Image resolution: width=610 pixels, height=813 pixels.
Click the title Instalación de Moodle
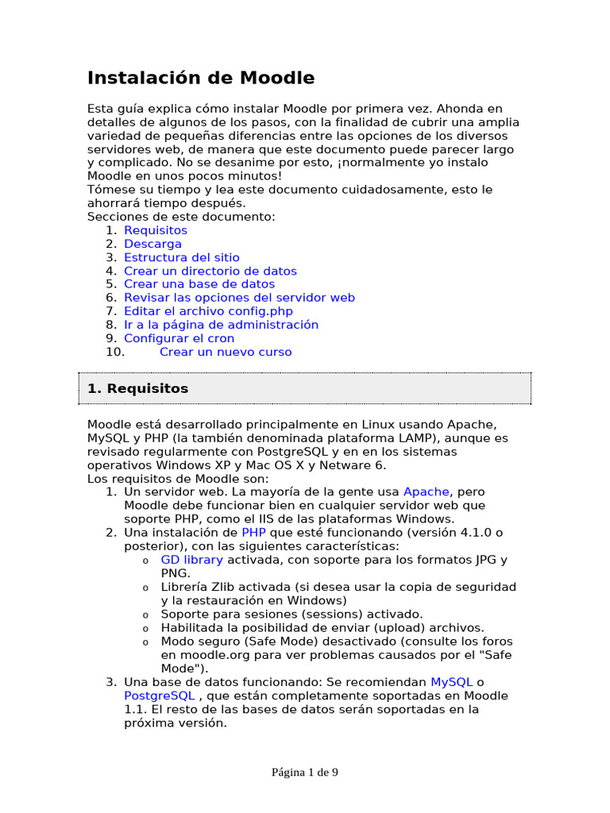[x=200, y=78]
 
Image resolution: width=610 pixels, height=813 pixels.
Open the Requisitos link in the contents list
[x=156, y=230]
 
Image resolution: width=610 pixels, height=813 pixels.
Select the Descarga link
[x=152, y=244]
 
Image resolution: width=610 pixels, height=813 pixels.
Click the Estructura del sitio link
[x=181, y=257]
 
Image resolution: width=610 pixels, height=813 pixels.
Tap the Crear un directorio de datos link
[x=210, y=271]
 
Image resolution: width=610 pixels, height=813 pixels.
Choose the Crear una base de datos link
[x=199, y=284]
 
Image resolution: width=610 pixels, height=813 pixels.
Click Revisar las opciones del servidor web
[x=239, y=298]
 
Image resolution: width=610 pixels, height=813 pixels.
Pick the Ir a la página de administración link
[x=221, y=325]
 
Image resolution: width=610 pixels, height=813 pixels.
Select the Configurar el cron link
[x=179, y=338]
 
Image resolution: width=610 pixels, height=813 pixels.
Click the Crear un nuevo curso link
[x=226, y=352]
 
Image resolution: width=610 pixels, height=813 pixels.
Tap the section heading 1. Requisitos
[x=137, y=388]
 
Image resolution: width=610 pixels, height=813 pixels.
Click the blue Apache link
[x=427, y=492]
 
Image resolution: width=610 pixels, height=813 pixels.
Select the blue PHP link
[x=253, y=532]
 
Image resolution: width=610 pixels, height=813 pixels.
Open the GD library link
[x=192, y=560]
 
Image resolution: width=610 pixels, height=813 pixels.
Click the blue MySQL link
[x=451, y=682]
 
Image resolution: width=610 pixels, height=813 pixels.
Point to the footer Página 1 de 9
[x=305, y=772]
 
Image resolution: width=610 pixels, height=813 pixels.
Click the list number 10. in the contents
[x=115, y=352]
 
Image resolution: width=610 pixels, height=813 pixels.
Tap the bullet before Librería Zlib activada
[x=145, y=588]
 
